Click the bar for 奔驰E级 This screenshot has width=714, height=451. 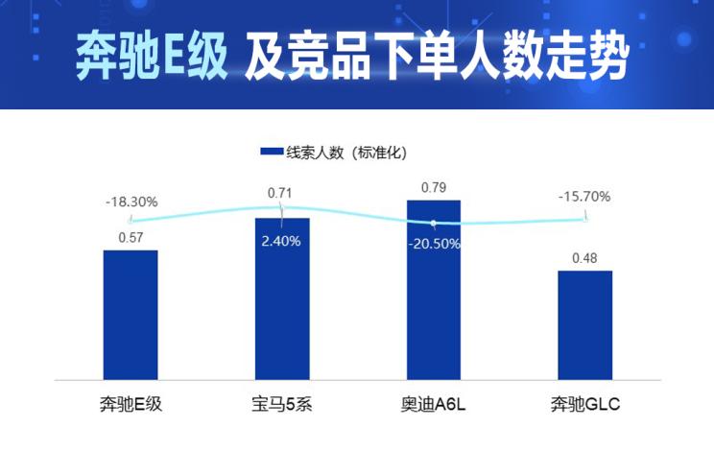tap(131, 315)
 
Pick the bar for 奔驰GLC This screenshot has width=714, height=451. tap(584, 324)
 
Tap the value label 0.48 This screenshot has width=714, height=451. tap(584, 258)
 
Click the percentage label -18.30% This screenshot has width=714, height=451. tap(131, 202)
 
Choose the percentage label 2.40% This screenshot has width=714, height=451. tap(281, 241)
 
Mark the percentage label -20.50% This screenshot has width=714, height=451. tap(434, 244)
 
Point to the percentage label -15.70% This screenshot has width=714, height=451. tap(584, 197)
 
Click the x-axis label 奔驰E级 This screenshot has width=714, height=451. tap(131, 404)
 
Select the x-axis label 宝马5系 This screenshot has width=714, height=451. tap(282, 404)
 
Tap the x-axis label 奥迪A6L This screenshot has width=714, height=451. tap(434, 404)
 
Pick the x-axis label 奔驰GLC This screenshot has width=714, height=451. tap(584, 404)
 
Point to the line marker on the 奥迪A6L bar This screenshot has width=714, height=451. tap(434, 224)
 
